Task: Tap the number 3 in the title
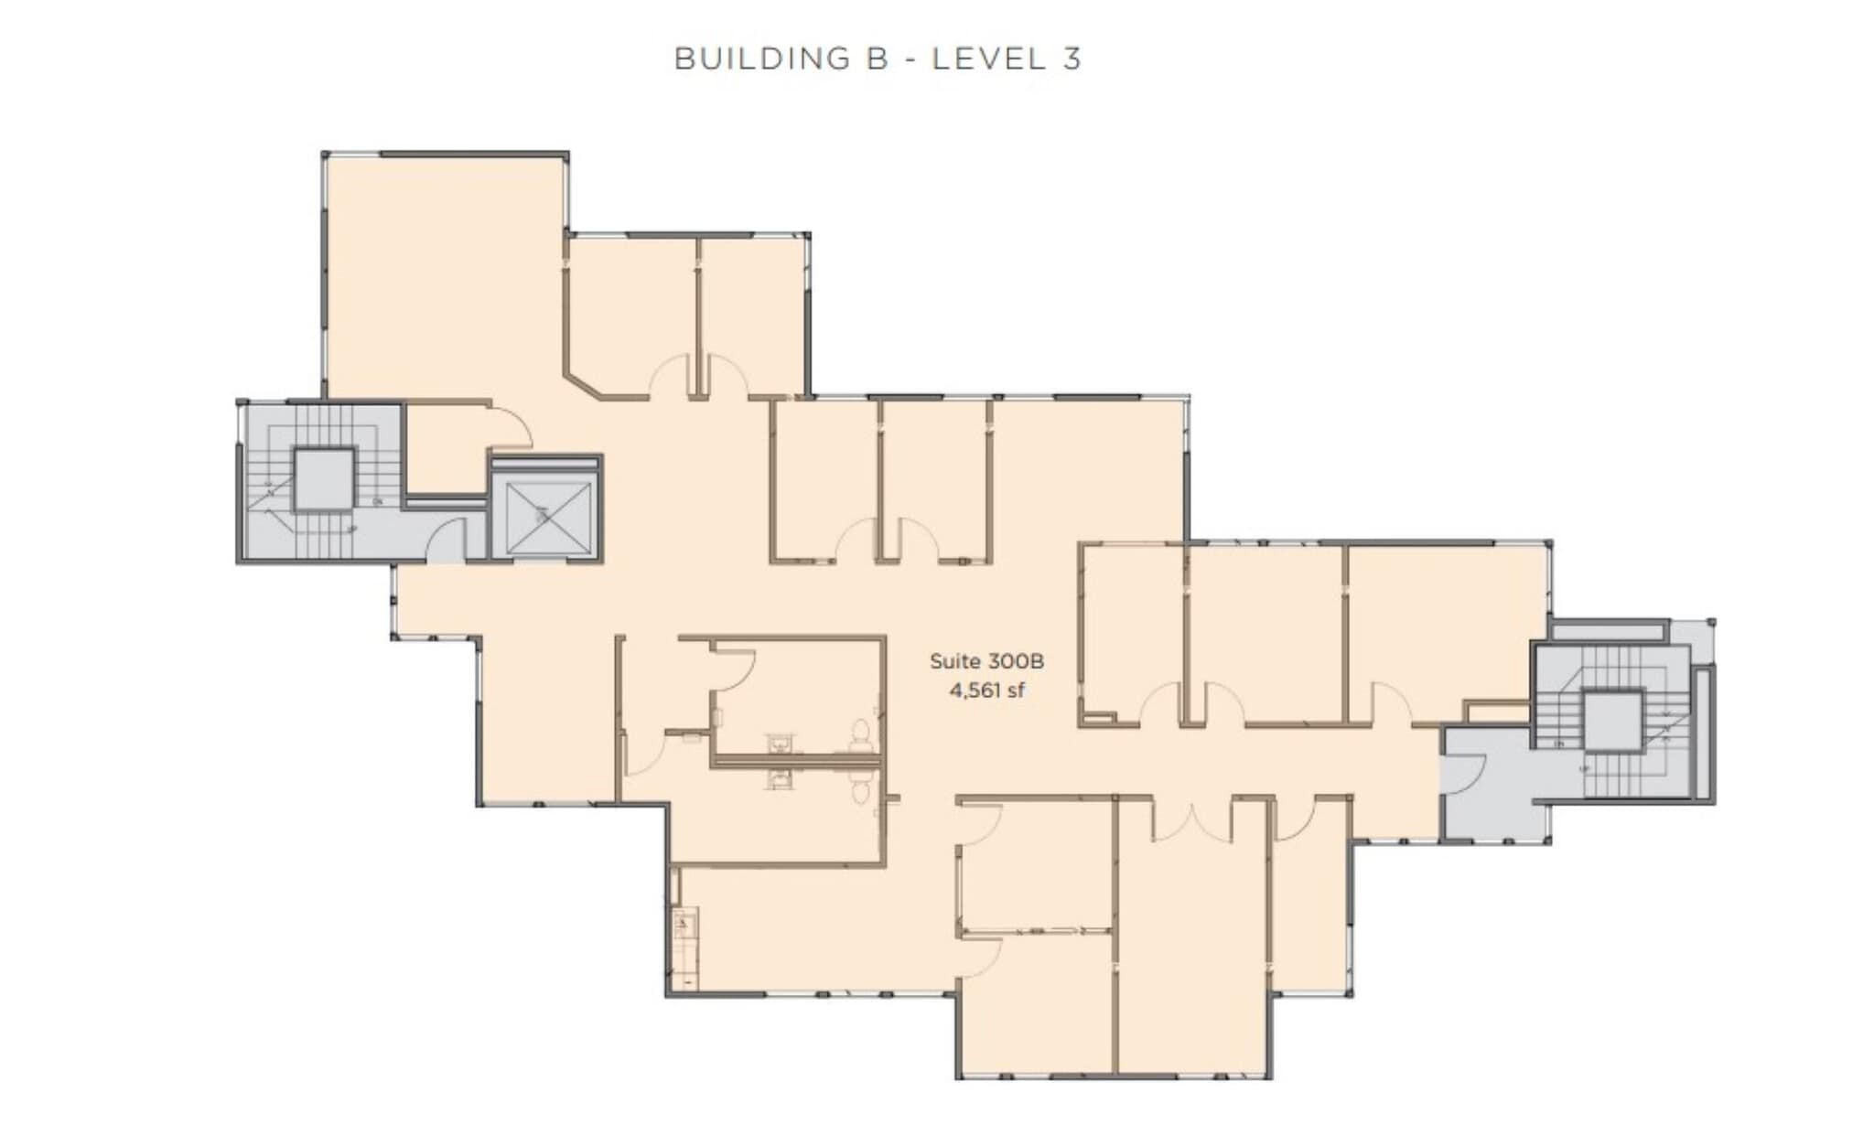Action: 1072,59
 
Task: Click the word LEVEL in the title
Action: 988,59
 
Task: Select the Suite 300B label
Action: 986,660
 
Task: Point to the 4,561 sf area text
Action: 986,690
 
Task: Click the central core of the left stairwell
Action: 323,479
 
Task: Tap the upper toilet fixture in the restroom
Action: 860,732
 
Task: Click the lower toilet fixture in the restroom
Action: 860,788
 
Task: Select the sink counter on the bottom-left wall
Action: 684,948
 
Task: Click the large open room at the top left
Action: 444,274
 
